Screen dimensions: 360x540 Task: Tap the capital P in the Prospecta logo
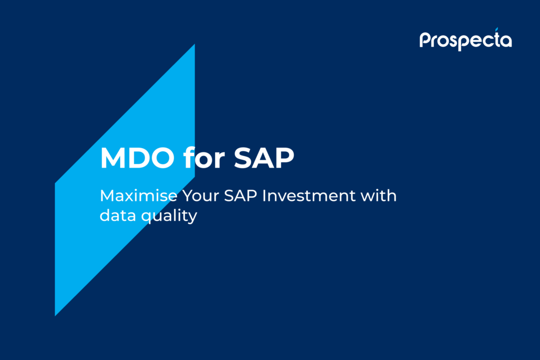425,40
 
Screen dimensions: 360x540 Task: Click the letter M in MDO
111,159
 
